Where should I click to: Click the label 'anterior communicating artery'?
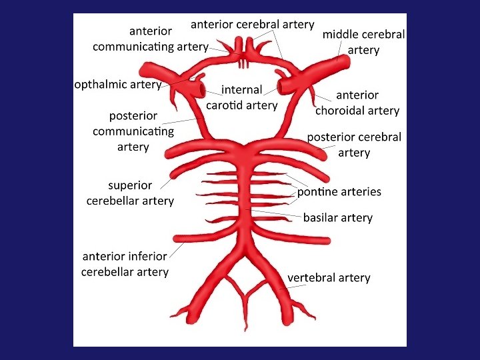coord(150,39)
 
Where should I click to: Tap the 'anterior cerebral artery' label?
coord(252,25)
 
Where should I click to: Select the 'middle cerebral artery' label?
coord(363,42)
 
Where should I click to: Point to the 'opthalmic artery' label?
coord(117,85)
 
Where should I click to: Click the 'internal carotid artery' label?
coord(241,97)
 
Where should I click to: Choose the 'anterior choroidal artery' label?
coord(357,103)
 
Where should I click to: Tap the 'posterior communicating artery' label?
coord(133,131)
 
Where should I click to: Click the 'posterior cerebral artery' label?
coord(354,145)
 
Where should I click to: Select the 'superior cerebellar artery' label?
coord(130,193)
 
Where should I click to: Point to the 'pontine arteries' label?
coord(339,192)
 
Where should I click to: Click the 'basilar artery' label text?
coord(337,217)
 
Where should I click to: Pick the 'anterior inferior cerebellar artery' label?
coord(125,264)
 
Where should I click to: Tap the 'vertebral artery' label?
coord(329,277)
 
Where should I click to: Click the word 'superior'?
coord(130,185)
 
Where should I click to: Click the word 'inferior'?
coord(146,257)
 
